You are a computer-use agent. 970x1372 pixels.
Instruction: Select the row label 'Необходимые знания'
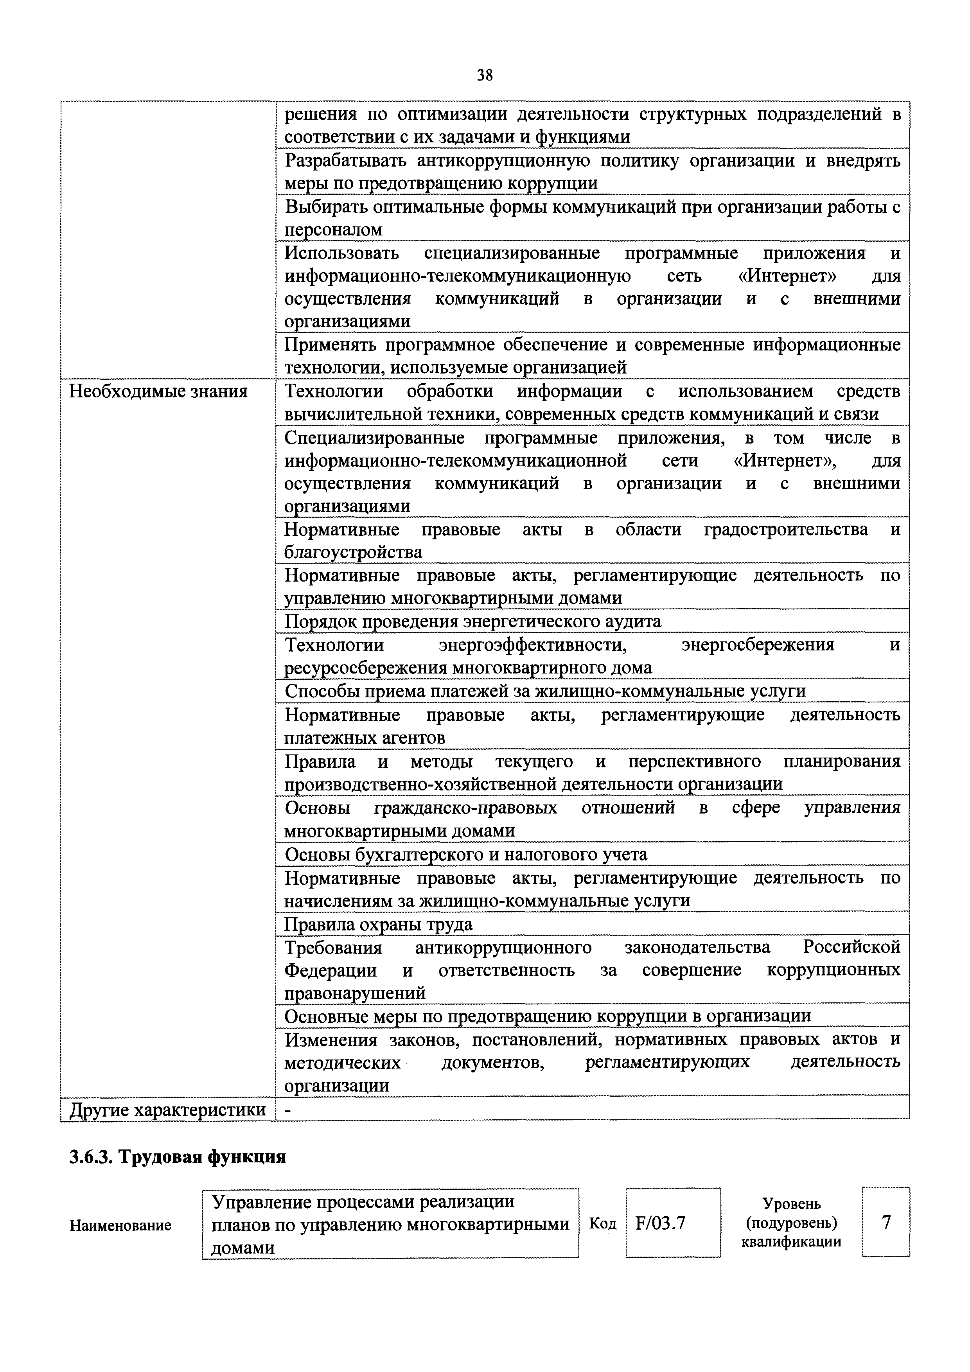click(158, 392)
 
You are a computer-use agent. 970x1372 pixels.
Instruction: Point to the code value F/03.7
click(660, 1223)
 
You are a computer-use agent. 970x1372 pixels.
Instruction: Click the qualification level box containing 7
click(886, 1222)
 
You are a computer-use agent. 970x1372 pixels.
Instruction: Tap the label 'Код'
click(602, 1223)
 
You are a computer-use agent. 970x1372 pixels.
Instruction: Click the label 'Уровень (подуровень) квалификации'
click(791, 1223)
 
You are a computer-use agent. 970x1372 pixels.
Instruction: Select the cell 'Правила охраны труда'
click(378, 925)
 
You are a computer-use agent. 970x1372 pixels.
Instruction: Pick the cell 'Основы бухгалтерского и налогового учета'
click(465, 855)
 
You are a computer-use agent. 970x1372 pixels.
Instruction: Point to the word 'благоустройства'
click(353, 552)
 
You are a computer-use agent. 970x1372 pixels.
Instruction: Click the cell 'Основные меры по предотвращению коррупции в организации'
click(548, 1016)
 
